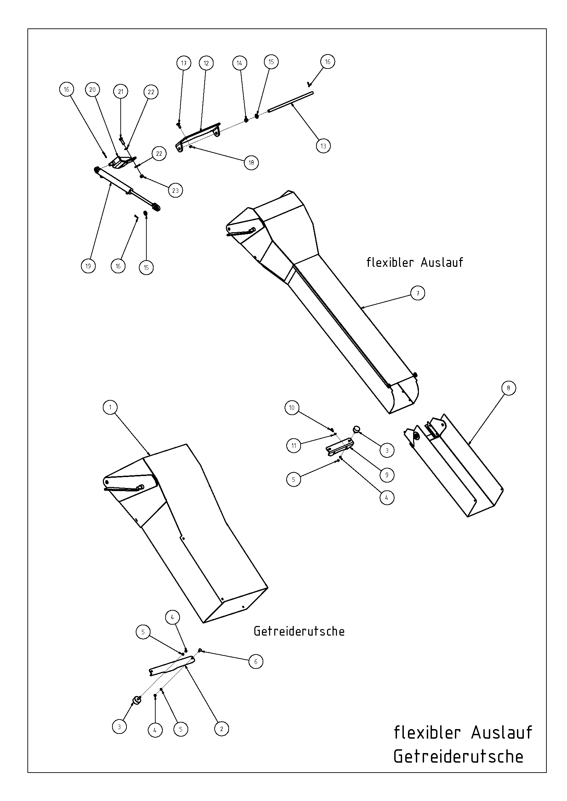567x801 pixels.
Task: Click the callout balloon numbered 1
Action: (110, 408)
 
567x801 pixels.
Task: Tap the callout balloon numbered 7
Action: (418, 293)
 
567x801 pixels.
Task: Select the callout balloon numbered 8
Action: (508, 388)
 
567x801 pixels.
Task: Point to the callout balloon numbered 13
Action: (323, 146)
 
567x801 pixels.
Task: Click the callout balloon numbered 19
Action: (88, 266)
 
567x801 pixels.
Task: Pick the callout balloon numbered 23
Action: (175, 190)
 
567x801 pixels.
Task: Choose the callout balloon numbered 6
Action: (256, 662)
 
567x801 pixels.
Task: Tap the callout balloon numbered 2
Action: (221, 729)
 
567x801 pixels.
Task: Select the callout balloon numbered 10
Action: (292, 408)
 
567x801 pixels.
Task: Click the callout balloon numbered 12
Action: (206, 63)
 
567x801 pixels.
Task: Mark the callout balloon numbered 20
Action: (92, 90)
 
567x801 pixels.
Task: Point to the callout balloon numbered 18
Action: (251, 163)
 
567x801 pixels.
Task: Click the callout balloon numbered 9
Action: (387, 475)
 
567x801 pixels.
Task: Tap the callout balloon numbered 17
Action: (184, 63)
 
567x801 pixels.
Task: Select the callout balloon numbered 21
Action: (121, 92)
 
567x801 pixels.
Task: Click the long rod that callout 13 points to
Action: (290, 101)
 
